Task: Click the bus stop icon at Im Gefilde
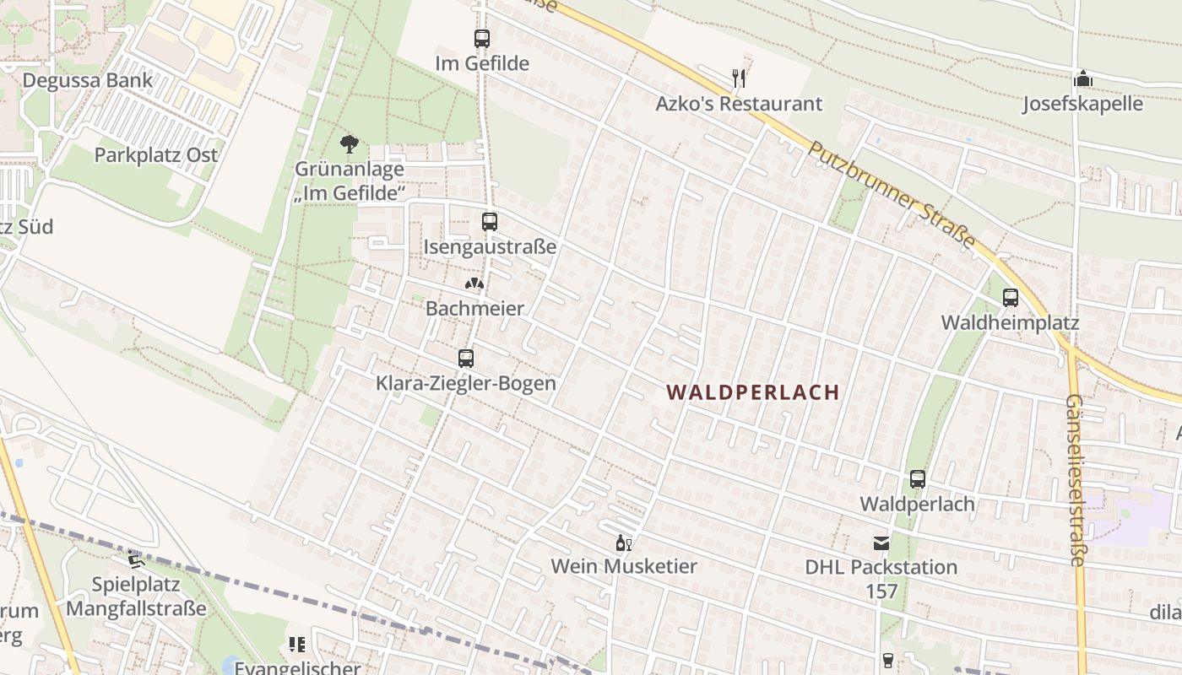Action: point(482,39)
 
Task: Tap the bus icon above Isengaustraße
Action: point(490,222)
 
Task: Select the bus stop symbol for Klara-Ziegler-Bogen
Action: point(466,359)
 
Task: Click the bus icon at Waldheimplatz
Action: point(1011,298)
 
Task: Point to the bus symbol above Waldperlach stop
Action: point(918,479)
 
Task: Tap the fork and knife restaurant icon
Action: point(739,78)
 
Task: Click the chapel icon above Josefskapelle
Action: point(1083,79)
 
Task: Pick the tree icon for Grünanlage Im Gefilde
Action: point(350,144)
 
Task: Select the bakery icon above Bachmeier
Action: point(474,284)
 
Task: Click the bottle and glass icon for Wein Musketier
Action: point(624,543)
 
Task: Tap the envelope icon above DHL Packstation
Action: point(881,543)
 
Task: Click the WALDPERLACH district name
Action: point(753,392)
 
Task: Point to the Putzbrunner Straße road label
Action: point(892,194)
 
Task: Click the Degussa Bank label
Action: point(88,81)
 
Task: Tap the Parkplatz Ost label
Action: point(156,155)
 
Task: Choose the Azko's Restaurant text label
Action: point(739,104)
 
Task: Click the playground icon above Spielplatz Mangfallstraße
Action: point(135,559)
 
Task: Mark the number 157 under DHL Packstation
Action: point(881,591)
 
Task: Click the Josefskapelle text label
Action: point(1083,104)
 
